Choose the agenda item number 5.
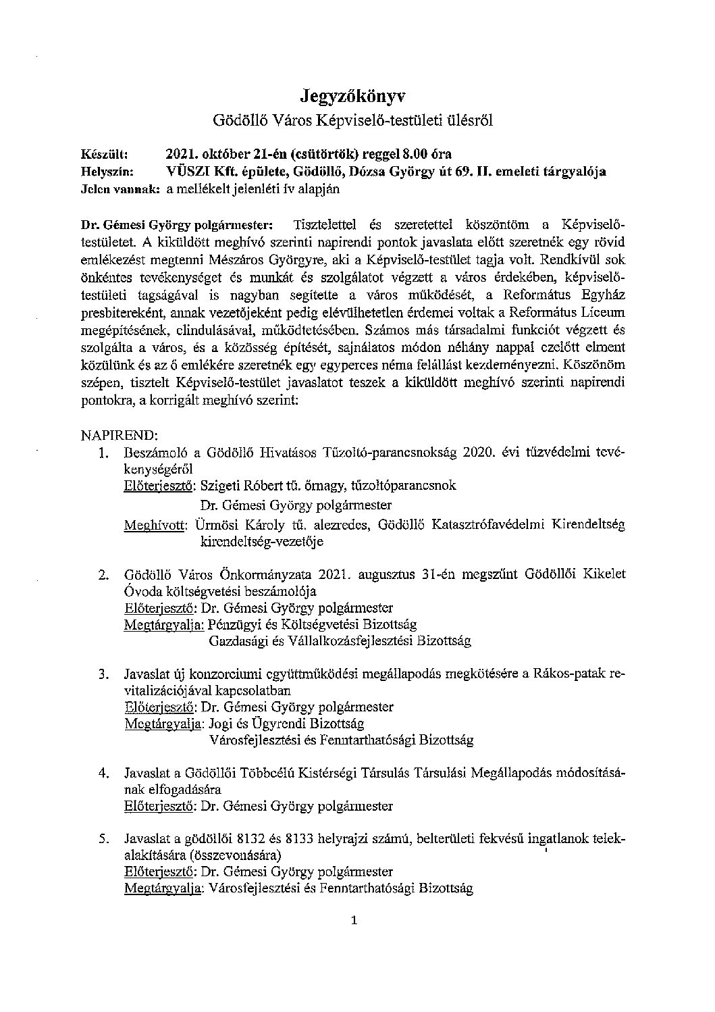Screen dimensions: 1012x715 click(x=103, y=840)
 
